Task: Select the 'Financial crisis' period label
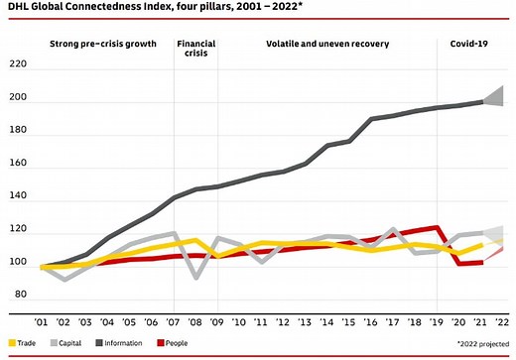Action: (197, 50)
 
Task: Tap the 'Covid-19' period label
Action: (471, 45)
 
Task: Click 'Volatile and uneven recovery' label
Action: (327, 45)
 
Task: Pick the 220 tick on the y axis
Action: (18, 65)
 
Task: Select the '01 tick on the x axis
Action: (43, 321)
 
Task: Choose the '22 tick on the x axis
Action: (502, 321)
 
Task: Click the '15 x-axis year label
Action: (349, 321)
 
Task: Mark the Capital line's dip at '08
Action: (195, 277)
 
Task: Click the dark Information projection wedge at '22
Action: (497, 96)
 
